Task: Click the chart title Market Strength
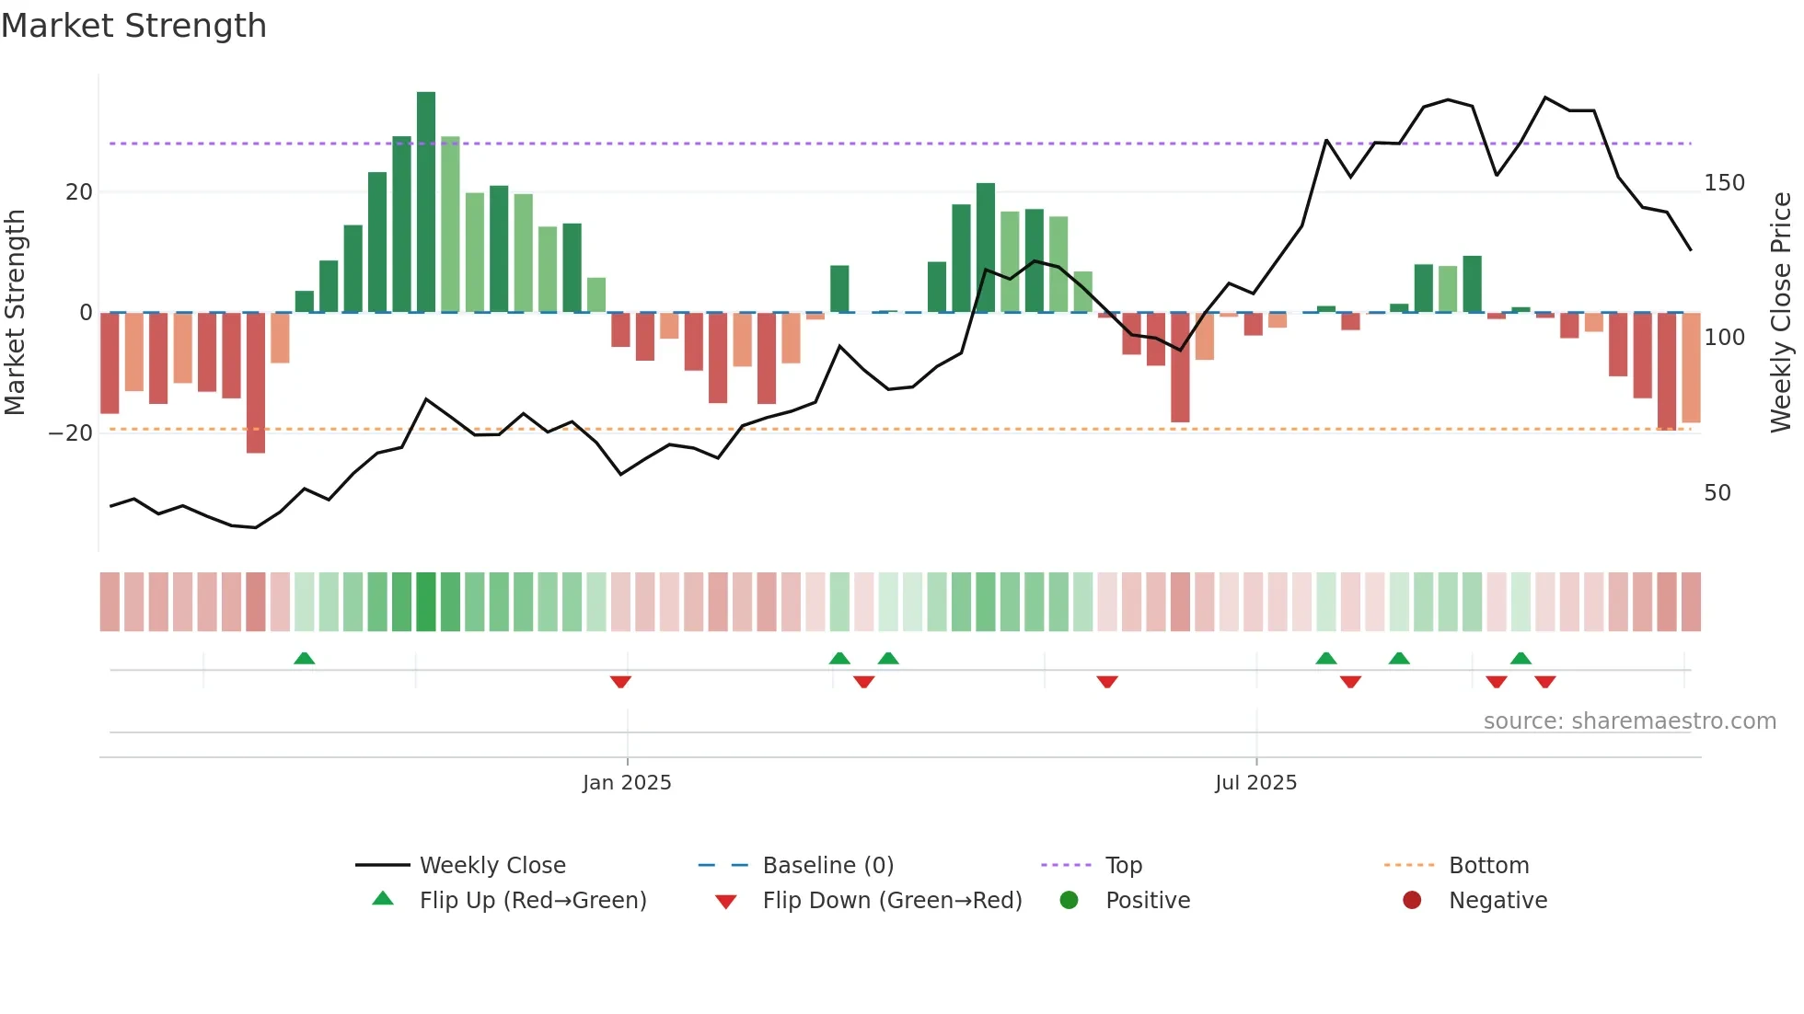pyautogui.click(x=133, y=26)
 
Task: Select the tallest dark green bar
pyautogui.click(x=425, y=202)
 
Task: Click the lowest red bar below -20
pyautogui.click(x=256, y=383)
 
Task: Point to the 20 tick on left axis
pyautogui.click(x=79, y=192)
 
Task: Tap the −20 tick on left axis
pyautogui.click(x=71, y=433)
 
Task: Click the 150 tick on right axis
pyautogui.click(x=1723, y=183)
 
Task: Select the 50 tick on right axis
pyautogui.click(x=1717, y=493)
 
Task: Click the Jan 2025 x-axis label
pyautogui.click(x=627, y=783)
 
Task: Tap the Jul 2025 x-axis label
pyautogui.click(x=1255, y=783)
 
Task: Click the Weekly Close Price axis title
pyautogui.click(x=1781, y=313)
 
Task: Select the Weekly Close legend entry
pyautogui.click(x=491, y=866)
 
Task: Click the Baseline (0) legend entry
pyautogui.click(x=827, y=866)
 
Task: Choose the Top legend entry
pyautogui.click(x=1123, y=866)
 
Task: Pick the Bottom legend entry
pyautogui.click(x=1488, y=866)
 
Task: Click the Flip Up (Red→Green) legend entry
pyautogui.click(x=532, y=901)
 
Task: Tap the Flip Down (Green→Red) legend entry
pyautogui.click(x=891, y=901)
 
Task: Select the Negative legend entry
pyautogui.click(x=1497, y=901)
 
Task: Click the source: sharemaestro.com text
pyautogui.click(x=1629, y=721)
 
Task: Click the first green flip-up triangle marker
pyautogui.click(x=304, y=658)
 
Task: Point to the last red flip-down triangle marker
pyautogui.click(x=1544, y=682)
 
